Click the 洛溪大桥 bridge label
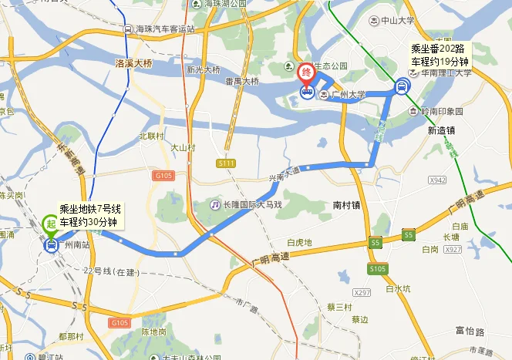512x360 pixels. [x=133, y=62]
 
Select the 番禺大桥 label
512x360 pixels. [x=241, y=81]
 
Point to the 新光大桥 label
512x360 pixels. [x=203, y=70]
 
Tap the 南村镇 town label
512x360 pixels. [x=347, y=205]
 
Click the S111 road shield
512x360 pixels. [x=226, y=163]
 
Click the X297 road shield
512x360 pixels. [x=362, y=293]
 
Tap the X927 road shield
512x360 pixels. [x=453, y=250]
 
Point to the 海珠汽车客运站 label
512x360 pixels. [x=165, y=29]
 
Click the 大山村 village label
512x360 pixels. [x=183, y=147]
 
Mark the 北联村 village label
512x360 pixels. [x=152, y=136]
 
